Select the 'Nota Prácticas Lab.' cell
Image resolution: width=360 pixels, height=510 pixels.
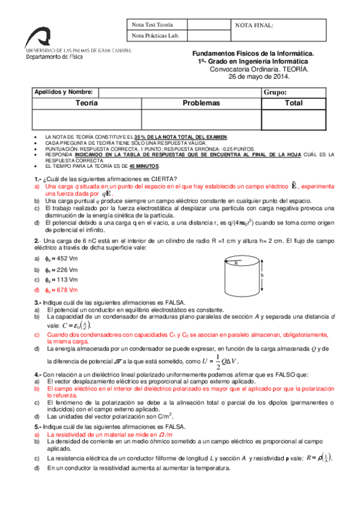(155, 36)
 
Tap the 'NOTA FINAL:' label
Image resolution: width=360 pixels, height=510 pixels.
(254, 25)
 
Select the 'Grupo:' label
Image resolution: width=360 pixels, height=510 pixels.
(275, 93)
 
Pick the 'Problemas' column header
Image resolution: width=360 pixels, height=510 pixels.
(201, 103)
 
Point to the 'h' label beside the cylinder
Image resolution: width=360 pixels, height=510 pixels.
(262, 275)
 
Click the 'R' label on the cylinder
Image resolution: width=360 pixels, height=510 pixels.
(236, 263)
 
